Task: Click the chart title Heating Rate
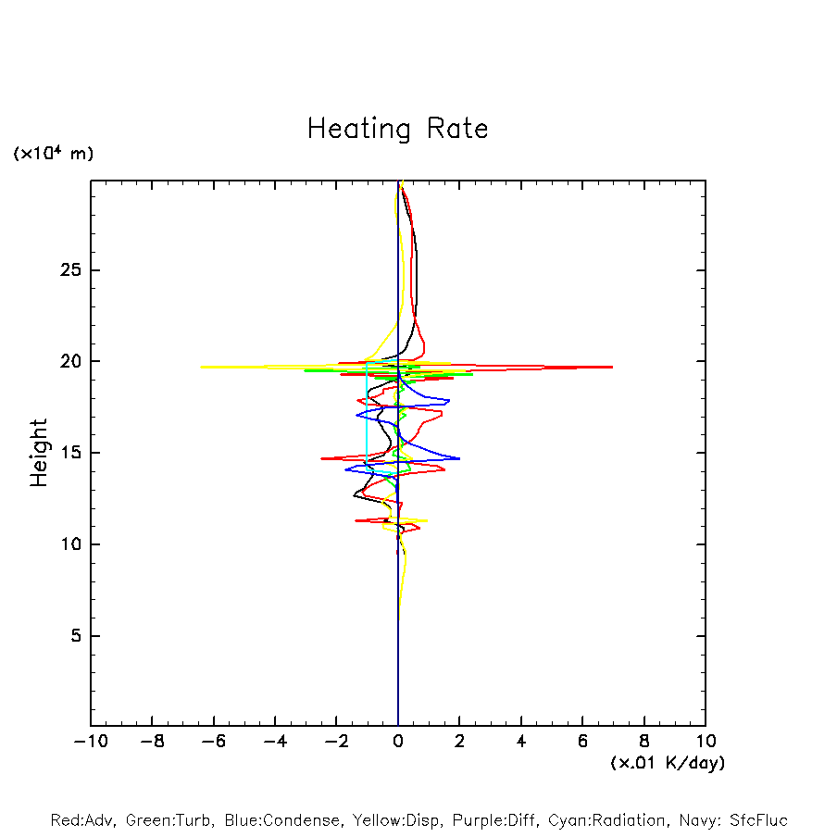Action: [397, 128]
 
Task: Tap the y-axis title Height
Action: [39, 453]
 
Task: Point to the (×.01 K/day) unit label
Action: [668, 763]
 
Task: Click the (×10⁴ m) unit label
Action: [54, 153]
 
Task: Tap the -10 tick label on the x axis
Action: [91, 742]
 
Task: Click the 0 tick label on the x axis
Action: [398, 742]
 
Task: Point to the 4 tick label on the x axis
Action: [521, 742]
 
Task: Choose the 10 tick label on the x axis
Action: [705, 742]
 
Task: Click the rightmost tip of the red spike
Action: [612, 367]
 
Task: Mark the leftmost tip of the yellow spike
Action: [201, 367]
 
